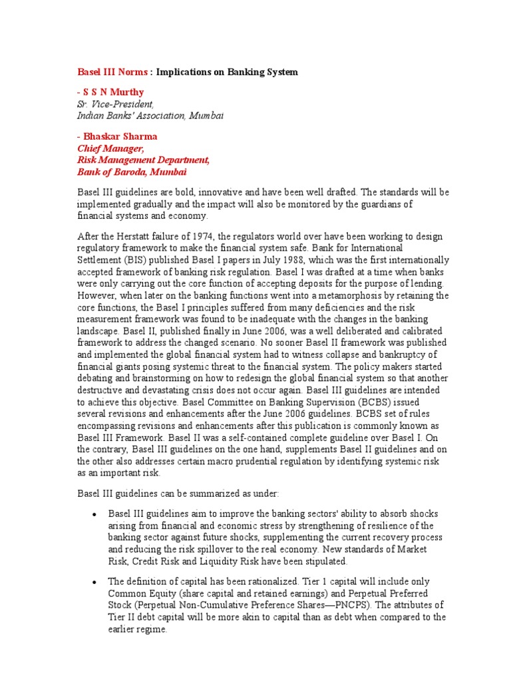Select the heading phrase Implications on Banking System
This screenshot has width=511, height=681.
tap(227, 71)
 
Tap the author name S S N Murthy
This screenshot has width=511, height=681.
tap(114, 92)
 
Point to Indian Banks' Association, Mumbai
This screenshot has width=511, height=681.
tap(150, 115)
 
